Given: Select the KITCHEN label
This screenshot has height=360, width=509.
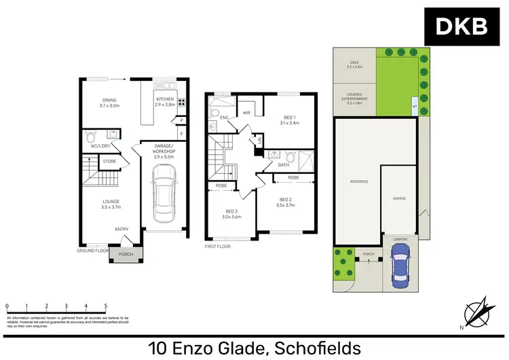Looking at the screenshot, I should click(166, 99).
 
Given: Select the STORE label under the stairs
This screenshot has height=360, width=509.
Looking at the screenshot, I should click(109, 162).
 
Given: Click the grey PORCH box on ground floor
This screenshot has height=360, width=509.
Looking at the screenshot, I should click(126, 255).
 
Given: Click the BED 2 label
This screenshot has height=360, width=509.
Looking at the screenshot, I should click(286, 202).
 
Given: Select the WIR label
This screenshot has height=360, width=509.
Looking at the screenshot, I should click(247, 113).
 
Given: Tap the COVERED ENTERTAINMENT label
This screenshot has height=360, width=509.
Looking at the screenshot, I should click(357, 100).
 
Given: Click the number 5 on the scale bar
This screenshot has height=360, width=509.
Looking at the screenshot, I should click(106, 306).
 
